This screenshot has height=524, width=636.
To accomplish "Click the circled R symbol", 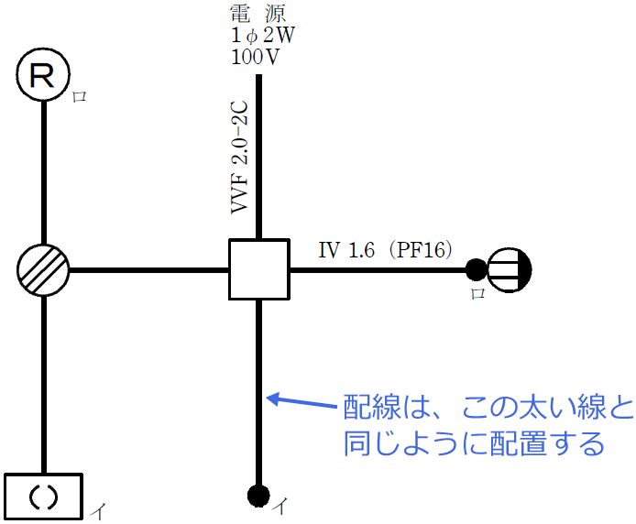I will (43, 75).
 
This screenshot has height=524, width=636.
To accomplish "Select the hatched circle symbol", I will (43, 270).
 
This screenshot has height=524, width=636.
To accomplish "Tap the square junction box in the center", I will (259, 270).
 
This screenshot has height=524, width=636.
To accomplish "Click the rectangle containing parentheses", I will (44, 496).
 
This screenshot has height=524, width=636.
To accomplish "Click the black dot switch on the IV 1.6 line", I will (476, 269).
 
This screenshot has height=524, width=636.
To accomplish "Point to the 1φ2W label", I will (263, 36).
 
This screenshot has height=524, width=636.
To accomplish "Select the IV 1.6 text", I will (345, 249).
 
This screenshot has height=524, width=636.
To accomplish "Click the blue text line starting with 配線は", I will (487, 406).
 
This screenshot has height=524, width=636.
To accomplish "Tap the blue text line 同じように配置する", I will (474, 444).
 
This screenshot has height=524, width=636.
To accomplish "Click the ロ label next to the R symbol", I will (80, 96).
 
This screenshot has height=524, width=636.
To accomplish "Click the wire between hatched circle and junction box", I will (148, 270).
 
